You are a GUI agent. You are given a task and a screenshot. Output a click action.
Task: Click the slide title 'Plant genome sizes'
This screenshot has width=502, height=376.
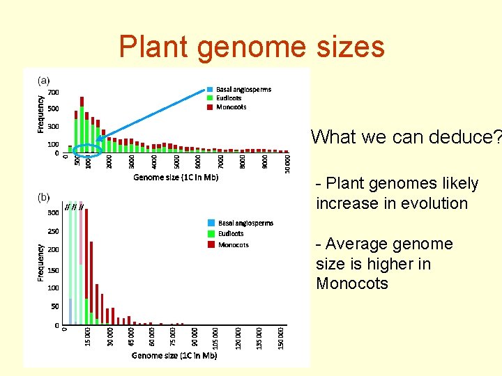[251, 47]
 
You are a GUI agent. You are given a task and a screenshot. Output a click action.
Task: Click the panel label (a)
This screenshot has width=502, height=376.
[43, 81]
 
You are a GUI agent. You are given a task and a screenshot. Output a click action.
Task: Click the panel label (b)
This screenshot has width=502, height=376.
[43, 197]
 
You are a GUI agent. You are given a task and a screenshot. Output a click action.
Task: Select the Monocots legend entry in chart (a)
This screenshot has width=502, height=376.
[231, 107]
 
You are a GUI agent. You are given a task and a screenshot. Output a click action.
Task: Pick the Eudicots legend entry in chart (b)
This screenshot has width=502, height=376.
[231, 234]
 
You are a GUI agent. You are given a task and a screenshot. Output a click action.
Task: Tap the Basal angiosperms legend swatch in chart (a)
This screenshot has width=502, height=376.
[210, 90]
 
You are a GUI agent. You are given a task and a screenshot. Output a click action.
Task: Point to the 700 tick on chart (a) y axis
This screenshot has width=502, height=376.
[53, 93]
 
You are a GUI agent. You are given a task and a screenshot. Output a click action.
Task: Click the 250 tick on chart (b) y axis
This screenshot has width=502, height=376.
[53, 231]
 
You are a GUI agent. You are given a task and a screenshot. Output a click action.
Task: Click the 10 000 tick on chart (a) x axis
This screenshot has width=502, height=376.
[287, 164]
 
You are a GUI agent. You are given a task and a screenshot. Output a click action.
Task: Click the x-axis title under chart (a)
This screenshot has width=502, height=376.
[176, 178]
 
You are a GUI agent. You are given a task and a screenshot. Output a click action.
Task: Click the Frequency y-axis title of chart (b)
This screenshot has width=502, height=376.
[40, 263]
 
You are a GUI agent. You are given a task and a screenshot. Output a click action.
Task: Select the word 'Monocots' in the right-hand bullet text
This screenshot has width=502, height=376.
[351, 283]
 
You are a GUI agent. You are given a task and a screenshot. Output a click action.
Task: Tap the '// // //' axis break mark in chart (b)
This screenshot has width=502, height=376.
[74, 207]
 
